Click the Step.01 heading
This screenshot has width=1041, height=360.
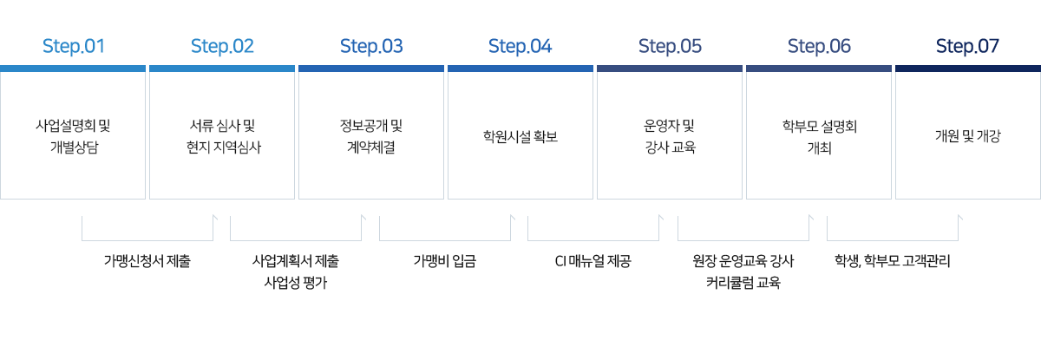tap(74, 46)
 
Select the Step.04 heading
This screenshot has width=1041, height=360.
tap(520, 46)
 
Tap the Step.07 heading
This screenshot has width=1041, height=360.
tap(967, 46)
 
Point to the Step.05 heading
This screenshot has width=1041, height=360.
tap(670, 46)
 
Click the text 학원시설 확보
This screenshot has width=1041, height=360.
tap(520, 136)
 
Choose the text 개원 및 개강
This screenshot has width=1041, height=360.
tap(967, 136)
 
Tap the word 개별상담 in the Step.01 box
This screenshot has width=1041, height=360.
tap(74, 147)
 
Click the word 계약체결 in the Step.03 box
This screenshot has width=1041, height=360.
tap(371, 147)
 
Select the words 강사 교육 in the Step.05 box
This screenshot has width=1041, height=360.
tap(670, 147)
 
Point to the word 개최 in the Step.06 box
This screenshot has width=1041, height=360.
tap(819, 147)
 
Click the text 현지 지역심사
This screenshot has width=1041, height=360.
tap(224, 147)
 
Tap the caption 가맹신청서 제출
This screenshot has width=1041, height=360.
tap(147, 261)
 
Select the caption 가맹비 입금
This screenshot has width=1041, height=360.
tap(445, 261)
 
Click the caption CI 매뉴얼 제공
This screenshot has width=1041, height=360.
tap(593, 261)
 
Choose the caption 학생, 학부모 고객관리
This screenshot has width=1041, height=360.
tap(893, 261)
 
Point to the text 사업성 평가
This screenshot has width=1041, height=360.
tap(296, 283)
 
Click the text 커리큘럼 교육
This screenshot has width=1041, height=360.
tap(743, 283)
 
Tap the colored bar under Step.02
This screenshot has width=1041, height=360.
tap(222, 69)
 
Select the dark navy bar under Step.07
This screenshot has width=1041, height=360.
tap(968, 69)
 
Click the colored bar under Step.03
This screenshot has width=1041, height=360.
tap(371, 69)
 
